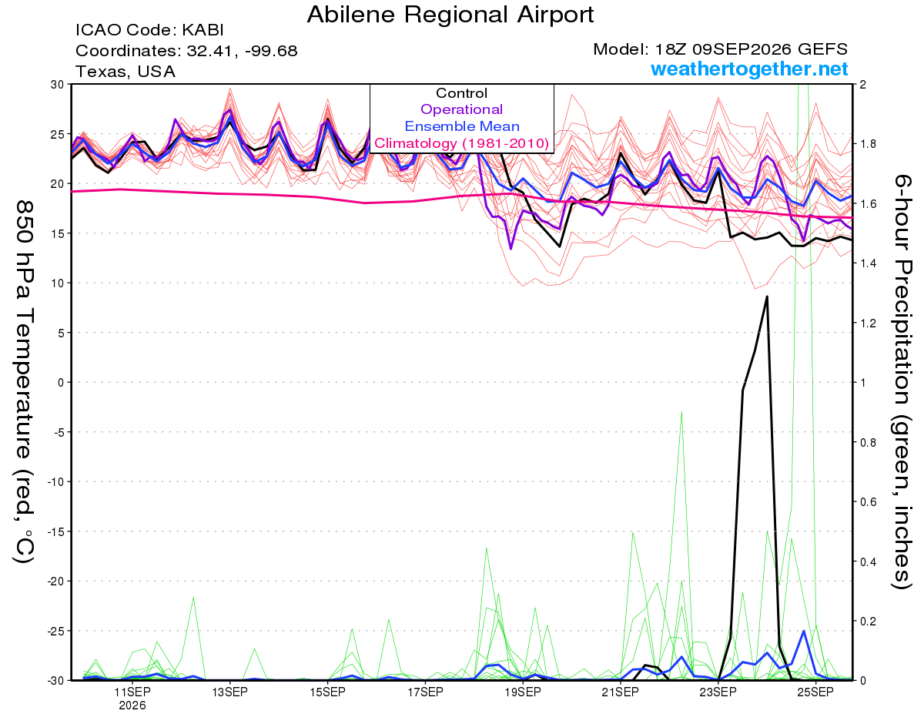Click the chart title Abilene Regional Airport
pos(450,15)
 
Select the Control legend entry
pos(461,93)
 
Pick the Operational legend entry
pos(461,109)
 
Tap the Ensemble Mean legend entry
pos(462,126)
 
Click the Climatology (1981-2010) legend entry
pos(462,143)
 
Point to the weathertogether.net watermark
pos(749,69)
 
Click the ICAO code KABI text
pos(149,30)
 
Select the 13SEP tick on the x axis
pos(229,692)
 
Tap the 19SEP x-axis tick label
pos(523,692)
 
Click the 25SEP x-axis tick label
pos(815,692)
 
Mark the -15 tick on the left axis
pos(55,531)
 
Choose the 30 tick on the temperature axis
pos(58,85)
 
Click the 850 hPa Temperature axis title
pos(24,382)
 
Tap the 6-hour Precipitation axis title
pos(902,381)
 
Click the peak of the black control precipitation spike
pos(767,297)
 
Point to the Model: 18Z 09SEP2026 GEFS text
pos(720,49)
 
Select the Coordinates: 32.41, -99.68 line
pos(186,51)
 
